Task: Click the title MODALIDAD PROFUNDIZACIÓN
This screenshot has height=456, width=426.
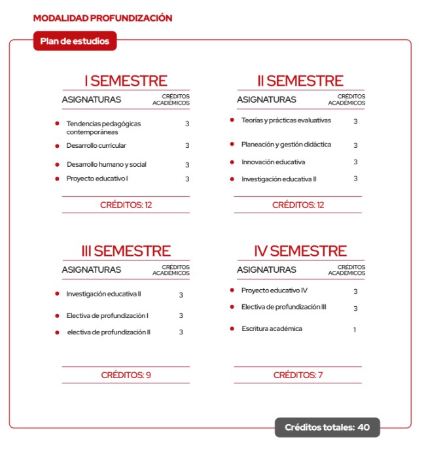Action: (x=102, y=18)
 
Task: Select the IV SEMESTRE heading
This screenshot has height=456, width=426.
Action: (x=300, y=251)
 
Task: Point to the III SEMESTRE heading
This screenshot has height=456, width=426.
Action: (x=126, y=251)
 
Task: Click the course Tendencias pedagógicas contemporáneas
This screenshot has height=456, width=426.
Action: (x=103, y=128)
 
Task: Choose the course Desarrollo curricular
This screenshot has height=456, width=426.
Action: (x=96, y=145)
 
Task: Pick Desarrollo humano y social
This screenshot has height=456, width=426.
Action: (x=106, y=164)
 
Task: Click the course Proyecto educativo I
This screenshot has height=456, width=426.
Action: (x=97, y=179)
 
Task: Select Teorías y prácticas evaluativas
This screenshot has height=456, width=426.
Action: (x=286, y=120)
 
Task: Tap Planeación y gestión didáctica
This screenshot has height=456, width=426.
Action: (x=286, y=145)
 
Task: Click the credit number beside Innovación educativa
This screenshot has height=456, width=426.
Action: (x=355, y=162)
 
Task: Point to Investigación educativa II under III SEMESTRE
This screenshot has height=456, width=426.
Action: (x=103, y=294)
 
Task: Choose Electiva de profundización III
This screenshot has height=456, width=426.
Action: (x=284, y=307)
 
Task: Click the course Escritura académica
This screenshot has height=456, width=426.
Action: (x=272, y=328)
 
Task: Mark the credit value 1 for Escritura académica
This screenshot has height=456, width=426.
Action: (x=355, y=330)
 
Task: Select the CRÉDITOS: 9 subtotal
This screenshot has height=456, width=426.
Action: (x=126, y=376)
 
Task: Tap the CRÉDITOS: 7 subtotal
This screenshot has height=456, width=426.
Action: (x=298, y=376)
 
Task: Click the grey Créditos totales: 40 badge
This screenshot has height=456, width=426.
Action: (x=327, y=428)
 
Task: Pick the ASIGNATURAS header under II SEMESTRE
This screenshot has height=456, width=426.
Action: (x=266, y=100)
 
